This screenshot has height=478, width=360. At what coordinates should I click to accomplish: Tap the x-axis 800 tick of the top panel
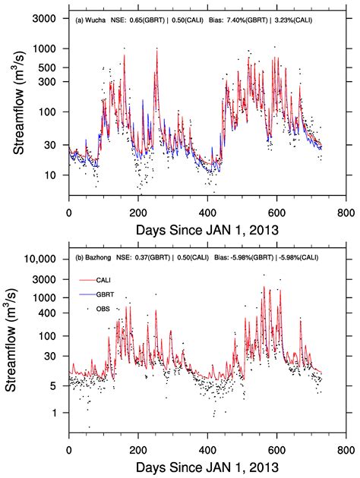tap(344, 213)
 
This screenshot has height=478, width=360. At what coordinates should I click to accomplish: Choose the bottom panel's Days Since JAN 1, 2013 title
tap(206, 464)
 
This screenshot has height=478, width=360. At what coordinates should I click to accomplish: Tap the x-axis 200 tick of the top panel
tap(137, 213)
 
